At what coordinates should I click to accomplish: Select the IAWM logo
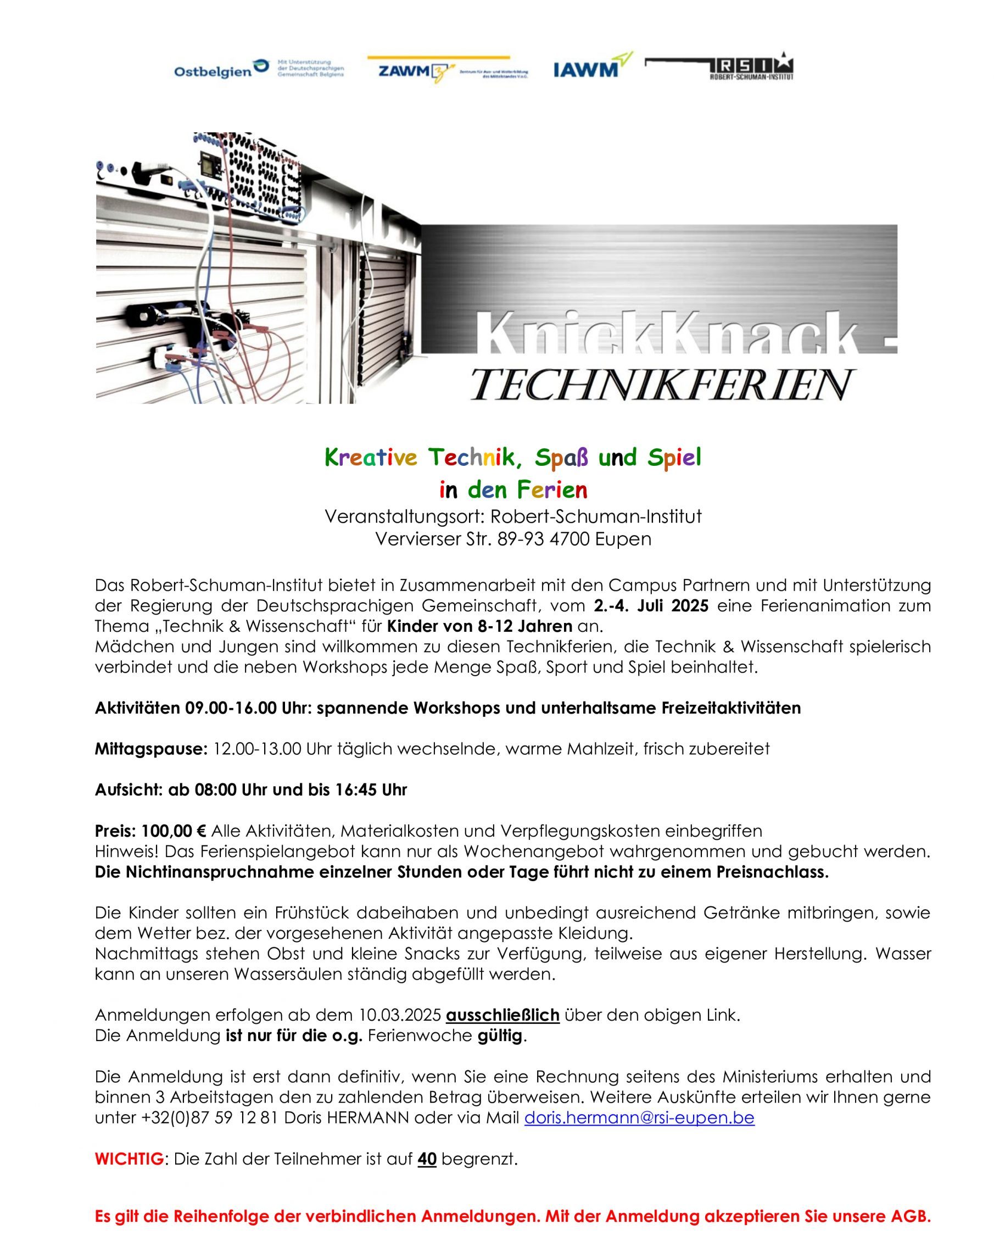[x=591, y=67]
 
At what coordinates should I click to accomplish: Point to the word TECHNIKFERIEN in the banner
[x=662, y=385]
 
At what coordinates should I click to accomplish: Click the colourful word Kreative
[x=370, y=458]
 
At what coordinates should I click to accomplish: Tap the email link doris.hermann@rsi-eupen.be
[x=639, y=1118]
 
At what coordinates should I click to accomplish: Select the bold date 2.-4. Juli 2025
[x=651, y=605]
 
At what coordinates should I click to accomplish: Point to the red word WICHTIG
[x=129, y=1159]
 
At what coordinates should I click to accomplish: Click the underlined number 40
[x=427, y=1159]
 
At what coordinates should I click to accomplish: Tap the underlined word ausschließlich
[x=502, y=1015]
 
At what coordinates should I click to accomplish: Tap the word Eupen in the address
[x=623, y=539]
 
